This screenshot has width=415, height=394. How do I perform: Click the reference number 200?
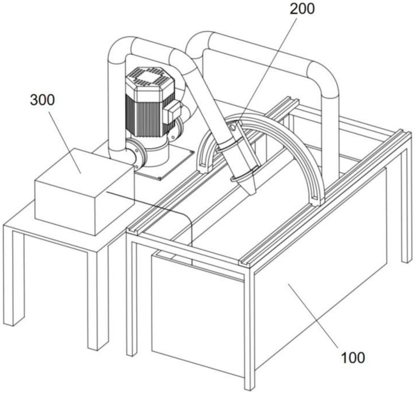pyautogui.click(x=302, y=9)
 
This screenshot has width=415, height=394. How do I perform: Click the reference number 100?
pyautogui.click(x=353, y=357)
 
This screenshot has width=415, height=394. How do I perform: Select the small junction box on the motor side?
pyautogui.click(x=171, y=111)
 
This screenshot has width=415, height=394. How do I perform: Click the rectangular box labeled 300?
pyautogui.click(x=83, y=191)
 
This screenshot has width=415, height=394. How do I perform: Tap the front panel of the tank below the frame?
pyautogui.click(x=195, y=312)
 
